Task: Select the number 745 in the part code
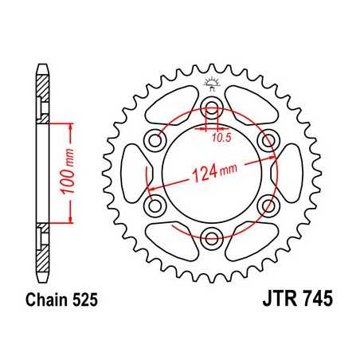click(x=315, y=302)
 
